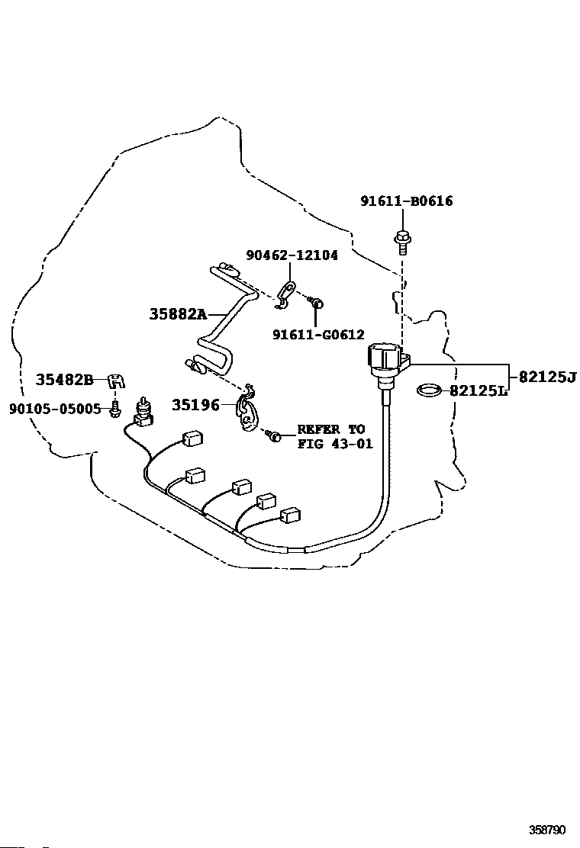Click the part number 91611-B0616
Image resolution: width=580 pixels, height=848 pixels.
pyautogui.click(x=406, y=201)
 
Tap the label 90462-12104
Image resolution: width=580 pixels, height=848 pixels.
pyautogui.click(x=292, y=255)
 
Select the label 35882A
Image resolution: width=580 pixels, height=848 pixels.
pyautogui.click(x=178, y=313)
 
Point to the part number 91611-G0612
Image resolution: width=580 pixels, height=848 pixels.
pyautogui.click(x=318, y=335)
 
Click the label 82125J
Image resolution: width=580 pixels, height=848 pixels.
pyautogui.click(x=547, y=377)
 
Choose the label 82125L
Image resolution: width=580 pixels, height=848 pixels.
pyautogui.click(x=478, y=390)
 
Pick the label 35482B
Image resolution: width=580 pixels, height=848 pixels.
pyautogui.click(x=64, y=380)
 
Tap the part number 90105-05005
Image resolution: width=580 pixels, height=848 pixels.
pyautogui.click(x=55, y=410)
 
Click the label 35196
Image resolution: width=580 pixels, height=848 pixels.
pyautogui.click(x=196, y=405)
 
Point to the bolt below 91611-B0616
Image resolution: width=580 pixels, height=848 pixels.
pyautogui.click(x=402, y=242)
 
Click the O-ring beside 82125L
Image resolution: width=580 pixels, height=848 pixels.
pyautogui.click(x=430, y=389)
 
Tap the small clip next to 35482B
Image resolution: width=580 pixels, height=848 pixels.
pyautogui.click(x=116, y=381)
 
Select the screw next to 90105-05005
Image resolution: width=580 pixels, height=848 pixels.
pyautogui.click(x=115, y=410)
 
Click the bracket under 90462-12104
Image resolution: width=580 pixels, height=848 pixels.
pyautogui.click(x=283, y=297)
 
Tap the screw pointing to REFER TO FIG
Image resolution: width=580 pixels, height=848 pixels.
pyautogui.click(x=273, y=434)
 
